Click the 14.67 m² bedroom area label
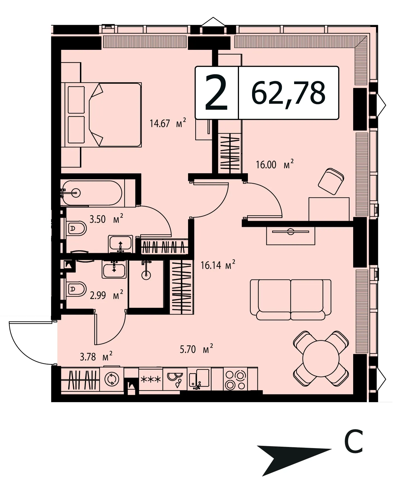pyautogui.click(x=168, y=123)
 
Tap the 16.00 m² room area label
pyautogui.click(x=275, y=164)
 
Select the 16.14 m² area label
pyautogui.click(x=218, y=265)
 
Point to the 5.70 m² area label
pyautogui.click(x=196, y=349)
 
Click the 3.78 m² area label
pyautogui.click(x=96, y=356)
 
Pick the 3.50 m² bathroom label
pyautogui.click(x=106, y=219)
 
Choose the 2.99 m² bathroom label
pyautogui.click(x=106, y=295)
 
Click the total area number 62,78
pyautogui.click(x=288, y=93)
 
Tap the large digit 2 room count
pyautogui.click(x=216, y=93)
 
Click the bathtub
pyautogui.click(x=91, y=193)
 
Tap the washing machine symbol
pyautogui.click(x=112, y=379)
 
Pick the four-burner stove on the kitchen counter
pyautogui.click(x=235, y=379)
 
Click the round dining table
pyautogui.click(x=321, y=358)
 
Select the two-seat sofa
pyautogui.click(x=291, y=299)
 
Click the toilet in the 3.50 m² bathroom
pyautogui.click(x=76, y=229)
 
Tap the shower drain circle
pyautogui.click(x=146, y=275)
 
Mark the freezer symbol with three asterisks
pyautogui.click(x=151, y=379)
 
